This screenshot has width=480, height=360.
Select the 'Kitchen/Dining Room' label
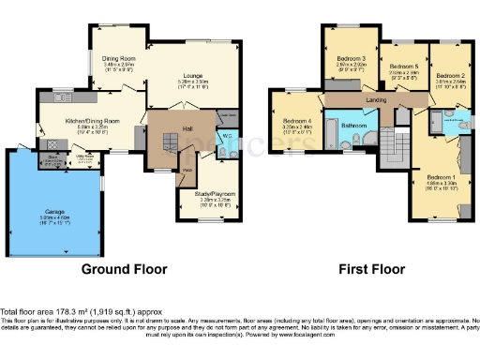91,121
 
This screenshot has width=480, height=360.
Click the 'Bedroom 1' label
441,177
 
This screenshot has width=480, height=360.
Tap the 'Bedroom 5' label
403,67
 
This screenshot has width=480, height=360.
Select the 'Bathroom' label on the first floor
353,125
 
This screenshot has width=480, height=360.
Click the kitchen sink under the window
63,97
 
